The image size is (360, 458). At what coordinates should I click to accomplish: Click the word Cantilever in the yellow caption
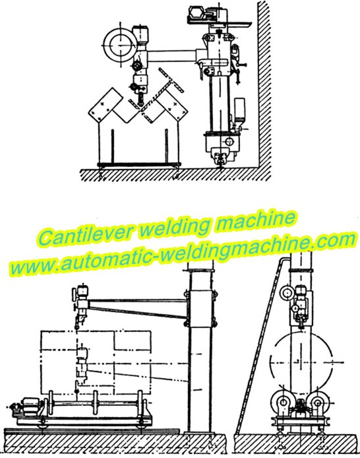point(87,233)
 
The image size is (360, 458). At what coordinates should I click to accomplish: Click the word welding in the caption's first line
point(175,227)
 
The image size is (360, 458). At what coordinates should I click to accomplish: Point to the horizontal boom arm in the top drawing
point(172,56)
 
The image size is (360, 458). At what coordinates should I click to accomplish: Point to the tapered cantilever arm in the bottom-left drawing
point(137,308)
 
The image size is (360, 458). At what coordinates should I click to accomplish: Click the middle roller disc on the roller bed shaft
point(95,403)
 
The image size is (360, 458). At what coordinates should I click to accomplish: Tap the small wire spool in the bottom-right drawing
point(285,293)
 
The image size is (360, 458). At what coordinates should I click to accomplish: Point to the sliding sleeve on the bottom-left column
point(200,308)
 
